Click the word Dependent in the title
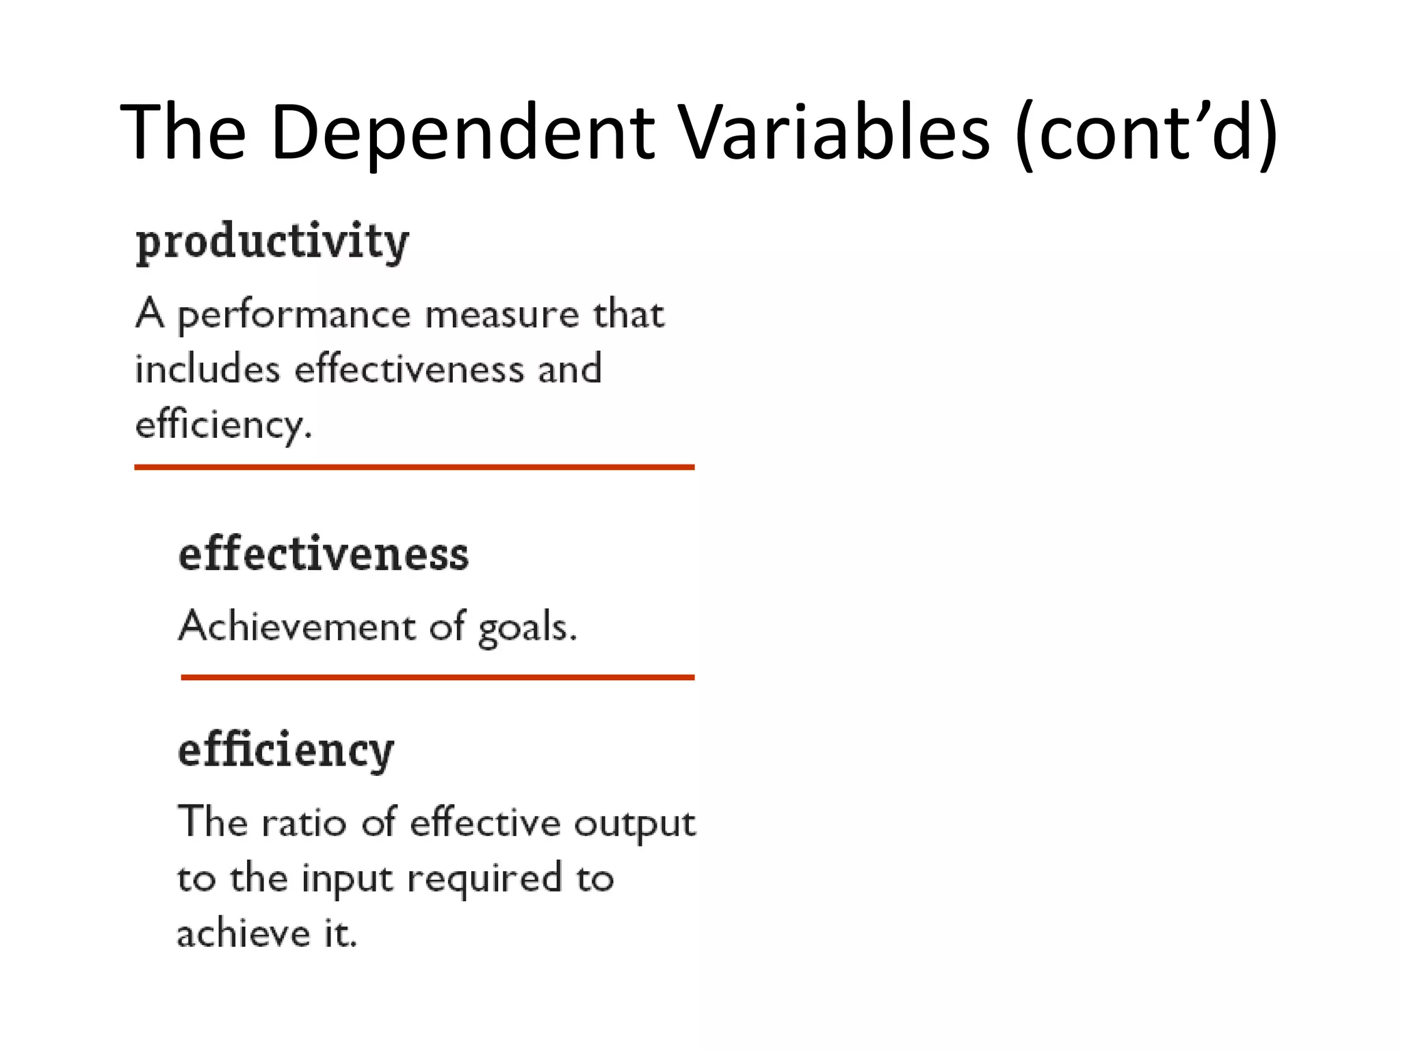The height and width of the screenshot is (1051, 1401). [462, 132]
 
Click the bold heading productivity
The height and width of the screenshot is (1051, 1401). [272, 242]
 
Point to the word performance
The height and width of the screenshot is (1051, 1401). [294, 316]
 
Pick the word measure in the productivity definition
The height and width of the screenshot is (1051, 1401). [502, 315]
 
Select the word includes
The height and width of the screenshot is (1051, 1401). [207, 369]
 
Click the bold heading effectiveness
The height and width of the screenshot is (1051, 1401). [324, 554]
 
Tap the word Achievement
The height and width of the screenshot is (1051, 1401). [296, 626]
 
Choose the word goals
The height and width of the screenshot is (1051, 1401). [527, 627]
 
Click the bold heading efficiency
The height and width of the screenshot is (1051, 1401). [286, 751]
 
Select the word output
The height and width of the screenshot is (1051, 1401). [634, 824]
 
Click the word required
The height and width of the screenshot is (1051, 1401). [484, 880]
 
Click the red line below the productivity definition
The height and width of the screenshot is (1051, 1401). [414, 467]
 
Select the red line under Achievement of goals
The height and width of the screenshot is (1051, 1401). [437, 677]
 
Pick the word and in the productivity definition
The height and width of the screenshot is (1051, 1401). [569, 369]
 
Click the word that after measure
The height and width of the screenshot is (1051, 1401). [628, 315]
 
